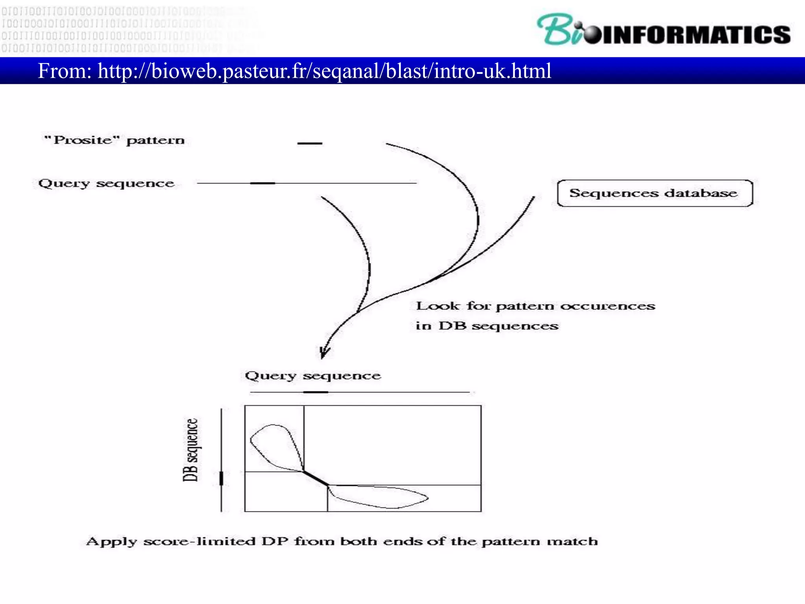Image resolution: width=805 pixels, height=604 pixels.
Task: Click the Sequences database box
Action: coord(654,193)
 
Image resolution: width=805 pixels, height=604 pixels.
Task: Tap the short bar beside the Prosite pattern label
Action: coord(310,144)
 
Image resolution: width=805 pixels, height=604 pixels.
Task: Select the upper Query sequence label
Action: coord(106,183)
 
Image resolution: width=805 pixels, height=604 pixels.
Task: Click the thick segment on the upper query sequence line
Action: coord(263,183)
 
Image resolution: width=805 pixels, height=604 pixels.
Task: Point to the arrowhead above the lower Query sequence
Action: coord(324,352)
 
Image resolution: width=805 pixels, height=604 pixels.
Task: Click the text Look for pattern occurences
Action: coord(535,306)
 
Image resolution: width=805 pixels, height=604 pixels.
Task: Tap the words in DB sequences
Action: coord(487,326)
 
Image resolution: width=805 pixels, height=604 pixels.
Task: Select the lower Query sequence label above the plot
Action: coord(313,376)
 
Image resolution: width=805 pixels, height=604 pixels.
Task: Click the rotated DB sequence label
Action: coord(191,450)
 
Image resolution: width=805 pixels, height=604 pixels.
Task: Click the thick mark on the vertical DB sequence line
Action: coord(221,479)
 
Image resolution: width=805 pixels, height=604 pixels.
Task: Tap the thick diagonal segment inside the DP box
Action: coord(316,479)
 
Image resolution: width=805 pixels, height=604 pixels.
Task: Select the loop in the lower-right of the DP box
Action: coord(381,497)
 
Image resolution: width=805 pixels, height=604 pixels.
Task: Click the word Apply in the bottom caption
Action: coord(111,542)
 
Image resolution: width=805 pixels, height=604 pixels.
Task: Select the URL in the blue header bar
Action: coord(324,71)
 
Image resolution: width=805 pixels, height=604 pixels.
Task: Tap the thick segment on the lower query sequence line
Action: coord(316,392)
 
